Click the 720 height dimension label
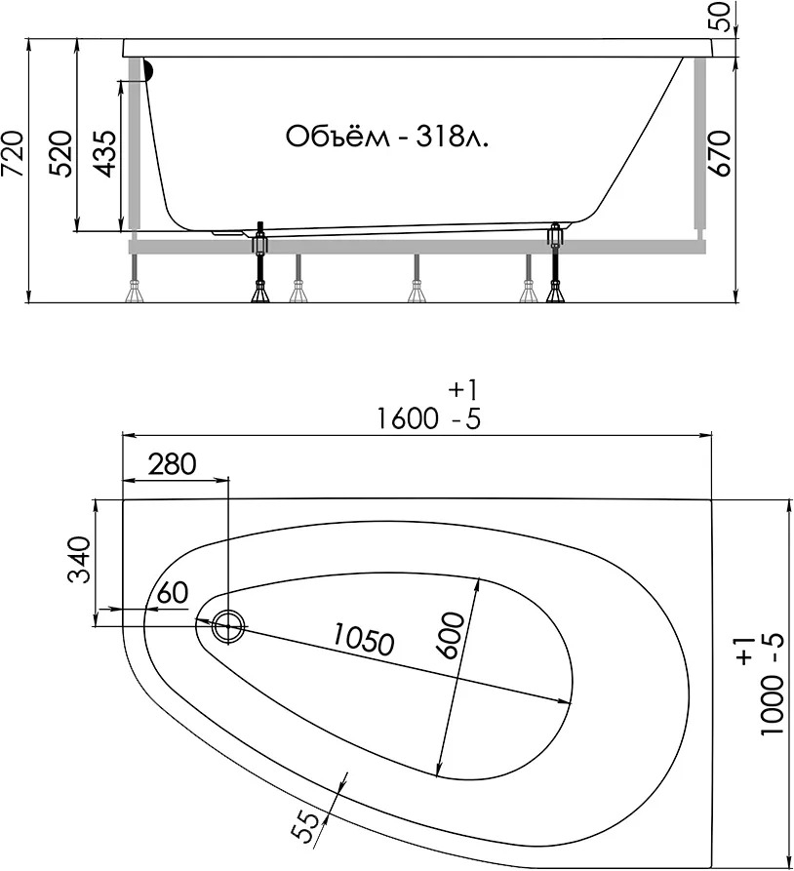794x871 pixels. (13, 153)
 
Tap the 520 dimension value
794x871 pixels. (60, 153)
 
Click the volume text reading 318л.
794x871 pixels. (453, 137)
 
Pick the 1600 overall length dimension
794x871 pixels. (408, 418)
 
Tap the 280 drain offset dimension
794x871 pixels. (173, 464)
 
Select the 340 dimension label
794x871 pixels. (79, 559)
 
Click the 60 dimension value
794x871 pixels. (173, 593)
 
